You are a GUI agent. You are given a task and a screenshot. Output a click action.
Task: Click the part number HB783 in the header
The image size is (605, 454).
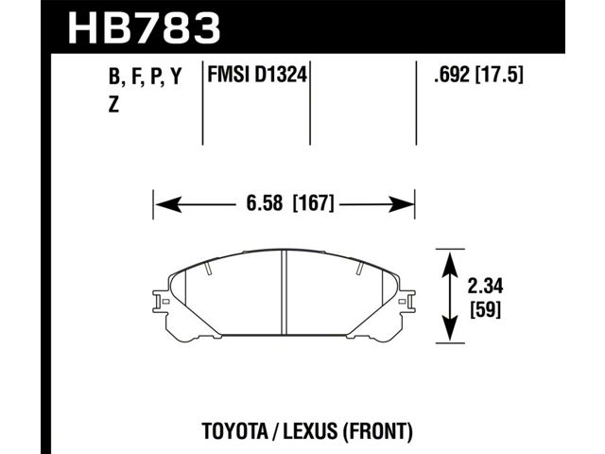click(144, 27)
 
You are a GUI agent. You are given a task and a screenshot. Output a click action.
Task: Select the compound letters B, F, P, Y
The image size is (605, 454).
click(145, 77)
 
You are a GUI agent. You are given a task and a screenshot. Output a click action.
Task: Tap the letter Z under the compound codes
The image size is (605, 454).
click(113, 105)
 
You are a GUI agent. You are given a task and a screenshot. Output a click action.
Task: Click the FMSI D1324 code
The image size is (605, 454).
click(257, 75)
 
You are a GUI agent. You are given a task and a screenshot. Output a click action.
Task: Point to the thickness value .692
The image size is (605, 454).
click(452, 75)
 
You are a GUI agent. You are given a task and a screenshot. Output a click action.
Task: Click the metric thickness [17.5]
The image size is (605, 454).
click(499, 75)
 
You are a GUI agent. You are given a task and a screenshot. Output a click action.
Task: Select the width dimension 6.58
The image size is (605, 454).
click(265, 203)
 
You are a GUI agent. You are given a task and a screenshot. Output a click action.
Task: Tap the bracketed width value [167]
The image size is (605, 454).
click(313, 203)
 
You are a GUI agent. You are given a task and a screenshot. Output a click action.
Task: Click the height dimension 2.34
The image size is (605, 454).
click(485, 287)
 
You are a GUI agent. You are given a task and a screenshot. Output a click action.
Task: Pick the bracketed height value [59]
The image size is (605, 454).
click(485, 309)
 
